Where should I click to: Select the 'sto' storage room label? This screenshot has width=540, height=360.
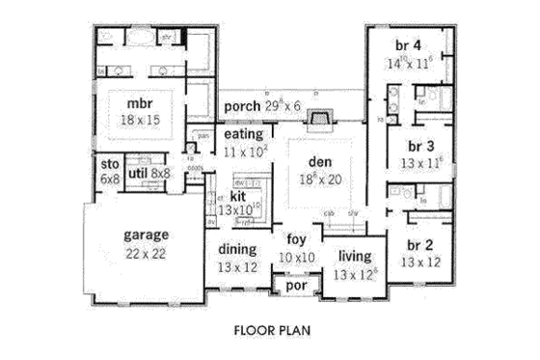(x=108, y=165)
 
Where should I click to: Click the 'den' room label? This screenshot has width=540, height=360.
(x=318, y=162)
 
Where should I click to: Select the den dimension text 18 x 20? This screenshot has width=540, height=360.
(x=318, y=179)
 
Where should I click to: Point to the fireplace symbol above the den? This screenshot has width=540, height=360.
(x=318, y=119)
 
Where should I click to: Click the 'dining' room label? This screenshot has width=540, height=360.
(x=236, y=248)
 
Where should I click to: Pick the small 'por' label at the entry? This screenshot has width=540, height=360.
(x=293, y=286)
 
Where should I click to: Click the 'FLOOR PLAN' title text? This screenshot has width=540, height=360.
(x=271, y=329)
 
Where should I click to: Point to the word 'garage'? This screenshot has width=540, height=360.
(x=147, y=235)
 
